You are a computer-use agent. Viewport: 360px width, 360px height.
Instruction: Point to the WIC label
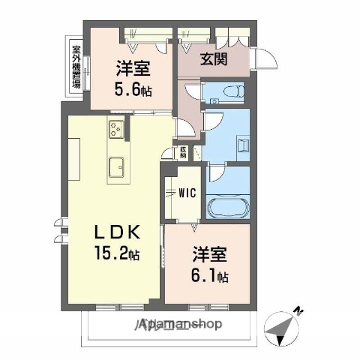click(x=186, y=192)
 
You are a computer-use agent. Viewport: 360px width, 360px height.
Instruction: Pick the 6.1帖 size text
click(x=212, y=277)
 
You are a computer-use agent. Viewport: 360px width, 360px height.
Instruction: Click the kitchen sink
click(x=117, y=166)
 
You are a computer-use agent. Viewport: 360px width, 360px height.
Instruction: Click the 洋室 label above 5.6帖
click(x=132, y=69)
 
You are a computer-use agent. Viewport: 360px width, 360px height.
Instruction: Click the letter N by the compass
click(x=298, y=310)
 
